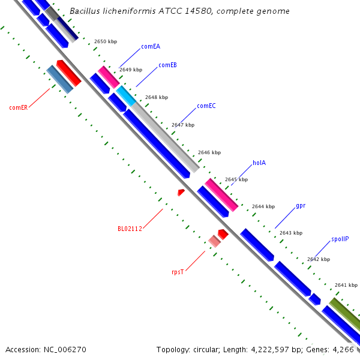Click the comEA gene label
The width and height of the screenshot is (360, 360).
click(151, 46)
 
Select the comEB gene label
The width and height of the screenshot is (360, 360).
click(167, 65)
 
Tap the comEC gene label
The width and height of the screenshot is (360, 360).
click(206, 106)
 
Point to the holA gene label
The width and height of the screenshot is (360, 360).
click(259, 163)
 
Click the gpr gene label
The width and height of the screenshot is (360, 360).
click(301, 206)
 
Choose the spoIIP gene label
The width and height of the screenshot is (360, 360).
click(340, 239)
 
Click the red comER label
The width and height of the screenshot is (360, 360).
click(19, 108)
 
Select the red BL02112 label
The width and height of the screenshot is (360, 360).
click(130, 229)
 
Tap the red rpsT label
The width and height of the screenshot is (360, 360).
click(178, 272)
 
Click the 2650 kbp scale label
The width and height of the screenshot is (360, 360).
click(106, 41)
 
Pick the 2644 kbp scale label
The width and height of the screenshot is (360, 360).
click(263, 206)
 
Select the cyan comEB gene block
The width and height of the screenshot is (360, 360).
click(126, 95)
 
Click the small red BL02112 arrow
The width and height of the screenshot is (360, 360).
click(181, 192)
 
